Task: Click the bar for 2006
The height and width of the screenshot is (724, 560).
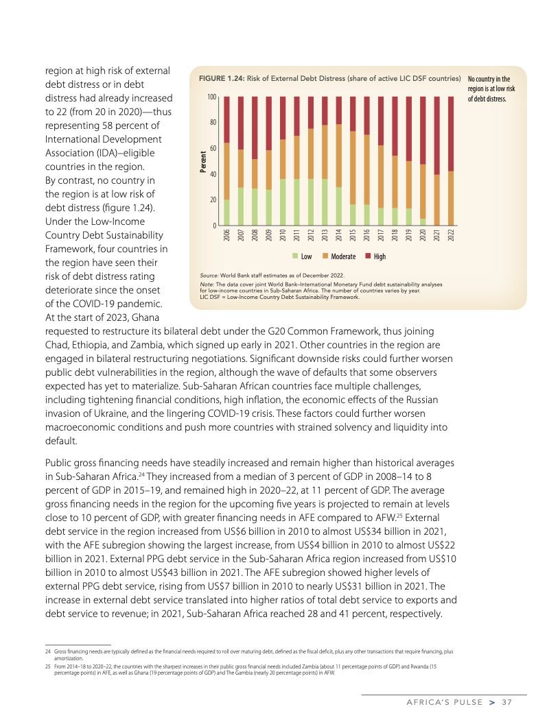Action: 226,161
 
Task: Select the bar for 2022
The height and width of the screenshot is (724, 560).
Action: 450,161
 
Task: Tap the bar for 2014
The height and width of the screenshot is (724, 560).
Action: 338,161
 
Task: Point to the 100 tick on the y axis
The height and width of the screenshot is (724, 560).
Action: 212,97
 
